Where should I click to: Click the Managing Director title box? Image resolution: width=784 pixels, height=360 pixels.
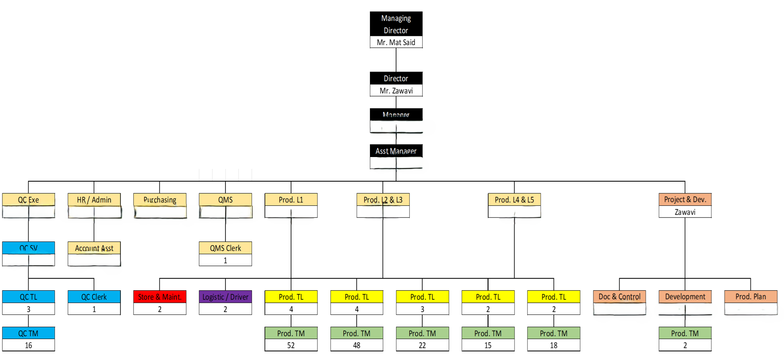396,24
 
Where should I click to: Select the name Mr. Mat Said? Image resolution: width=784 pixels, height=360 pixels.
396,42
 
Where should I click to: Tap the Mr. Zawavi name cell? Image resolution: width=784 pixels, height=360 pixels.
396,91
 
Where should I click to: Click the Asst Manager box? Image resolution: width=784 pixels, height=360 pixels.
396,151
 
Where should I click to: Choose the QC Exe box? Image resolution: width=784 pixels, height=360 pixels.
29,200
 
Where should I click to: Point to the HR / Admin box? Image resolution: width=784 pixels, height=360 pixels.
94,200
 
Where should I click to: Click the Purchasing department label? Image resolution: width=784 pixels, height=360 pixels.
160,200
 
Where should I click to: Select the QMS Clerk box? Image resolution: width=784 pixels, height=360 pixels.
225,248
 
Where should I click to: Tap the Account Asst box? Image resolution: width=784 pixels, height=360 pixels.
94,248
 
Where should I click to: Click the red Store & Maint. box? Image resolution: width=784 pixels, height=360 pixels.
160,297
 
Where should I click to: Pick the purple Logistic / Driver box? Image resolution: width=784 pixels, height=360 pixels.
225,297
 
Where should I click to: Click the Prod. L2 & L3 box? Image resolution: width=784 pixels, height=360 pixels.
383,200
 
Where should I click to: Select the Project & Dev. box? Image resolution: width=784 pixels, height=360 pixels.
685,199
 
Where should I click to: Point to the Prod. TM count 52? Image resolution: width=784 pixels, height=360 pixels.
291,346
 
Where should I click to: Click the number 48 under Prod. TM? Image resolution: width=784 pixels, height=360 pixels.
357,346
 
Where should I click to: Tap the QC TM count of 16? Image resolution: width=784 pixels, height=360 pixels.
29,346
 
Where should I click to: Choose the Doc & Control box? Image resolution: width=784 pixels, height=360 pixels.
619,297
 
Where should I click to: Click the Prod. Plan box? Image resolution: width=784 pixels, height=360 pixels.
751,297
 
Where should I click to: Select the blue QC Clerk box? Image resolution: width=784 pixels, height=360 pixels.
94,297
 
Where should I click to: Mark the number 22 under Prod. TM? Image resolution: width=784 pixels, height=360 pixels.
422,346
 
